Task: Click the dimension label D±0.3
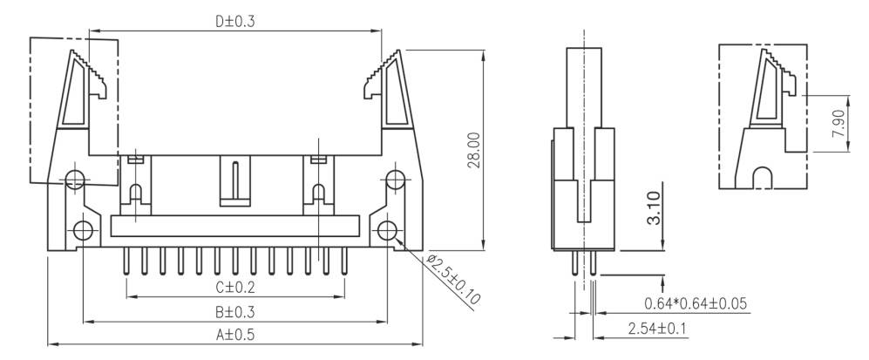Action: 236,21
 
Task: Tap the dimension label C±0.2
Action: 235,287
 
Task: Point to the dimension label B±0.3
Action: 235,311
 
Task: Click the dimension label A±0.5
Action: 235,334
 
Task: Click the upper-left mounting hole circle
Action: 75,180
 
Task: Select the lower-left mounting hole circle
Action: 83,231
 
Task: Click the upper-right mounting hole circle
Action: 396,180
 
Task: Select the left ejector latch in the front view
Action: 80,96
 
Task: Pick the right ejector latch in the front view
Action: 390,96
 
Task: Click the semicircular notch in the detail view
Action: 762,177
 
